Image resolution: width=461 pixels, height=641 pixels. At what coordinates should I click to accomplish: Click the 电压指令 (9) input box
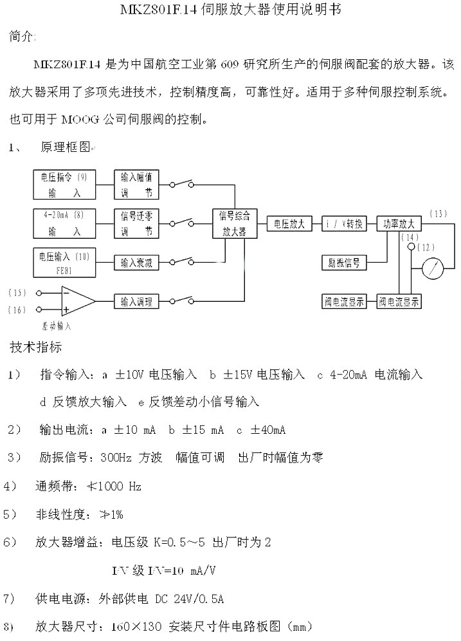pyautogui.click(x=64, y=184)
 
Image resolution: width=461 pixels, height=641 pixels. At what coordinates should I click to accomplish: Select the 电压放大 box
pyautogui.click(x=289, y=223)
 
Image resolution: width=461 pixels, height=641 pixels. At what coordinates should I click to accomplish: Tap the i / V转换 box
pyautogui.click(x=344, y=223)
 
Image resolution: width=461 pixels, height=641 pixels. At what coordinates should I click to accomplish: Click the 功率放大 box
pyautogui.click(x=399, y=223)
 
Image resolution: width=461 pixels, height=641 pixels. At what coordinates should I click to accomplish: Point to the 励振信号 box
pyautogui.click(x=344, y=262)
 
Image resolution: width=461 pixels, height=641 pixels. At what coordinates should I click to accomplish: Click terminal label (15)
pyautogui.click(x=17, y=292)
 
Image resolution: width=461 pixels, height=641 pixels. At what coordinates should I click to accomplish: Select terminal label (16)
pyautogui.click(x=17, y=310)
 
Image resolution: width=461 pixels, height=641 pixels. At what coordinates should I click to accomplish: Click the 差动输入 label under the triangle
pyautogui.click(x=57, y=326)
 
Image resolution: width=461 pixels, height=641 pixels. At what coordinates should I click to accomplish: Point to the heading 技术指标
pyautogui.click(x=36, y=348)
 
